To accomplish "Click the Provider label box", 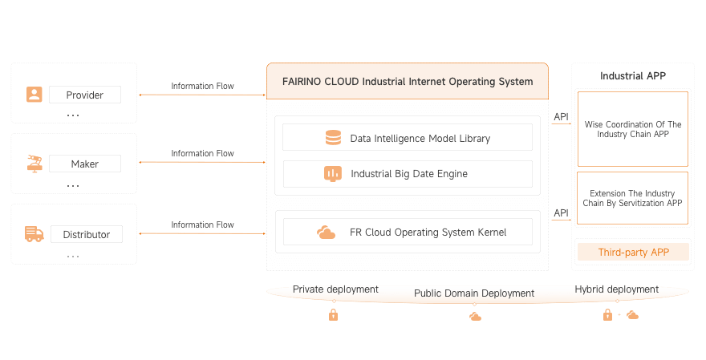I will point(84,95).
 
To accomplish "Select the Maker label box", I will point(84,164).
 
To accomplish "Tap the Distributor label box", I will point(86,234).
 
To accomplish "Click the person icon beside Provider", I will point(34,95).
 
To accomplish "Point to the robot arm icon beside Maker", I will point(34,164).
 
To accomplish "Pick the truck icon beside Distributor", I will point(34,234).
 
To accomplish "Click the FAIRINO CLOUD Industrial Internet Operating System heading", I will point(408,81).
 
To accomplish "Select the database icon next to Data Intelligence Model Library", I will point(333,138).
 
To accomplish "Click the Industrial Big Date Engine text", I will point(409,173).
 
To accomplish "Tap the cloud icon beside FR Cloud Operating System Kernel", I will point(326,233).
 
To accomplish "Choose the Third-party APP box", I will point(633,253).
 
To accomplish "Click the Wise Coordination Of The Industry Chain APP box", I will point(633,129).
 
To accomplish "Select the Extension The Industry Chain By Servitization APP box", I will point(633,199).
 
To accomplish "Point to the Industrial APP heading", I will point(633,76).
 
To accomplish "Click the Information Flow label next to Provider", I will point(203,86).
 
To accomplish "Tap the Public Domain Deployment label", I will point(474,293).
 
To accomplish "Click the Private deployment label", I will point(335,289).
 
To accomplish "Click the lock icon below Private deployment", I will point(333,315).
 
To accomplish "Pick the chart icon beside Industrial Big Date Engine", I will point(333,173).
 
